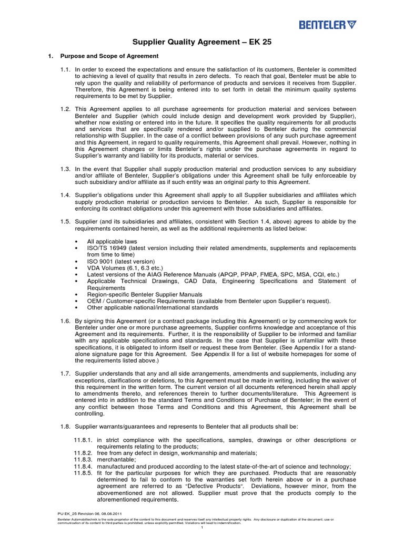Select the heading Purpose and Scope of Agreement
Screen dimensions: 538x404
109,56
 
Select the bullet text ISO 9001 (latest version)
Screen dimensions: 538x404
121,261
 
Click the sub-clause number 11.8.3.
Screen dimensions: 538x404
83,459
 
